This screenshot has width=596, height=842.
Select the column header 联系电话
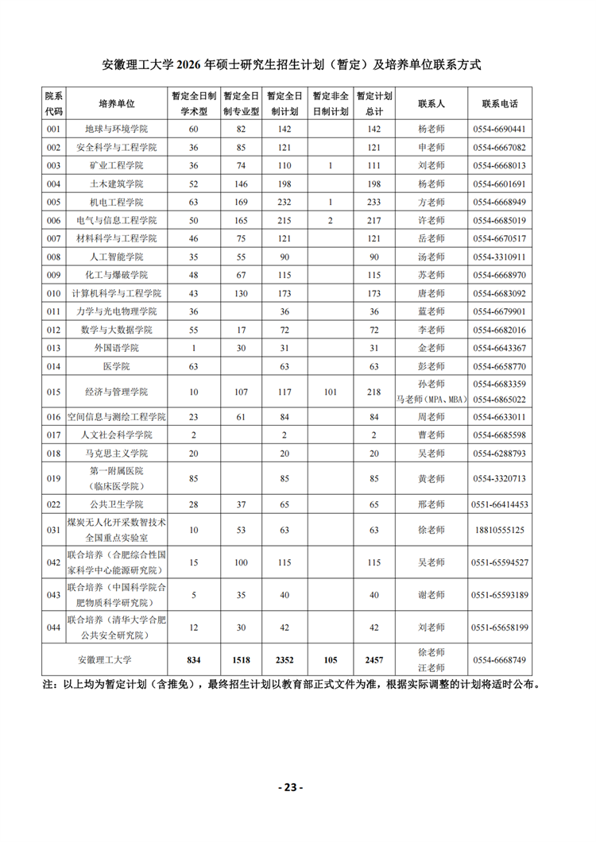pyautogui.click(x=499, y=104)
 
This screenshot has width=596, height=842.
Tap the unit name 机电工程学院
pyautogui.click(x=117, y=203)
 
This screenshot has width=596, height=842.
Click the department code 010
pyautogui.click(x=54, y=294)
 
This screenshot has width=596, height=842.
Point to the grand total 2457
pyautogui.click(x=374, y=660)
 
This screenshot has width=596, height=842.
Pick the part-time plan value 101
pyautogui.click(x=330, y=392)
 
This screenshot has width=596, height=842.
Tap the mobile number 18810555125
pyautogui.click(x=499, y=530)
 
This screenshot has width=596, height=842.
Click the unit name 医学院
pyautogui.click(x=117, y=367)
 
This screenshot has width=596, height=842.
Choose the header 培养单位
pyautogui.click(x=117, y=104)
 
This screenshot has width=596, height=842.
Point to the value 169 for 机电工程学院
pyautogui.click(x=241, y=203)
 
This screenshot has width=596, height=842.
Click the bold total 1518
pyautogui.click(x=241, y=660)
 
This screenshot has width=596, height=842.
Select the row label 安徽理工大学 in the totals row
pyautogui.click(x=105, y=660)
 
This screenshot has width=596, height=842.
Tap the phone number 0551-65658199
pyautogui.click(x=499, y=628)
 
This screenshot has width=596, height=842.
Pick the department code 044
pyautogui.click(x=54, y=628)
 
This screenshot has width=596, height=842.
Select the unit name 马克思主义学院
pyautogui.click(x=117, y=454)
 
